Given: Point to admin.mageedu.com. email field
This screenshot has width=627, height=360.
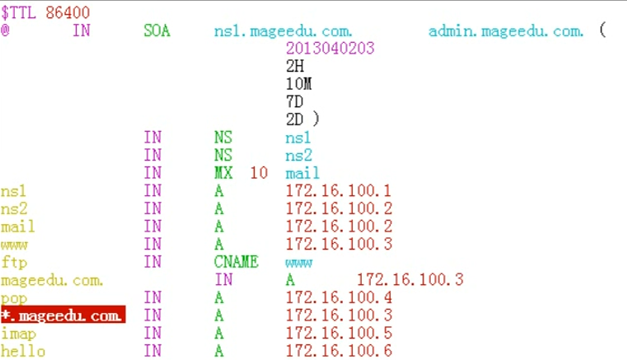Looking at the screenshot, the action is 506,31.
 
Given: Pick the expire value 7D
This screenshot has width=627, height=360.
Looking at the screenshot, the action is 295,101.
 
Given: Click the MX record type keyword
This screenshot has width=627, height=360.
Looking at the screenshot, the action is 224,173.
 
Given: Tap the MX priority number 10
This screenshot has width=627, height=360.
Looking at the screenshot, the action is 259,173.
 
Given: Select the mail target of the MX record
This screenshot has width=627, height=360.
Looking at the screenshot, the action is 302,173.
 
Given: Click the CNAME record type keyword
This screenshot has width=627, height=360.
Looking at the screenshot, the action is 236,262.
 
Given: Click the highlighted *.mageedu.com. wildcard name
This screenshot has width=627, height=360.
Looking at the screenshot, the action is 63,315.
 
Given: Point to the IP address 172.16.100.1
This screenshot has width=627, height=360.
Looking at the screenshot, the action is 338,190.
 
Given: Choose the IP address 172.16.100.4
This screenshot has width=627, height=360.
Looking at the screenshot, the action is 338,297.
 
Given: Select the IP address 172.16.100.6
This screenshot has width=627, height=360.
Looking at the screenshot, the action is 338,351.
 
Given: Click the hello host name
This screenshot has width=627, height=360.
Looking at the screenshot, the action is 22,351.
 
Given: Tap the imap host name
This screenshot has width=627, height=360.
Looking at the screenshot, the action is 18,333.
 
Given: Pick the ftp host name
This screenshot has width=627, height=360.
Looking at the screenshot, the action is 14,262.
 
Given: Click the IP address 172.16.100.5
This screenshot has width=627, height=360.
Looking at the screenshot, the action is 338,333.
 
